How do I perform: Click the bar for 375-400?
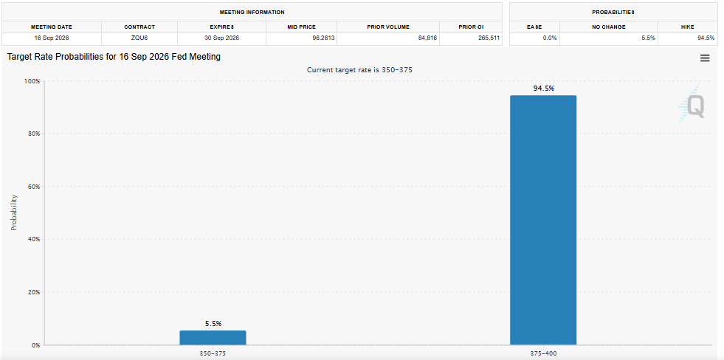tap(543, 220)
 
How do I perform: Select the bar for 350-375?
tap(213, 337)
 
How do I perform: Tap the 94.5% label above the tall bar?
tap(543, 88)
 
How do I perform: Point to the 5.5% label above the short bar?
tap(213, 324)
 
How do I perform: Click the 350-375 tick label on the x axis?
tap(213, 353)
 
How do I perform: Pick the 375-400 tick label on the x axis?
tap(543, 353)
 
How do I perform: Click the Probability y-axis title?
tap(14, 212)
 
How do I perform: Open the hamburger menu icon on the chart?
tap(705, 58)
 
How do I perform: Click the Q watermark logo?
tap(692, 106)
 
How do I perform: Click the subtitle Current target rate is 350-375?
tap(359, 70)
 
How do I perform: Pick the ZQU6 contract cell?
tap(139, 38)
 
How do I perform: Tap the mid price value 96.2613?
tap(323, 38)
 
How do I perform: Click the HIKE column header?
tap(687, 27)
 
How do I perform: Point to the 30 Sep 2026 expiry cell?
tap(221, 38)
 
